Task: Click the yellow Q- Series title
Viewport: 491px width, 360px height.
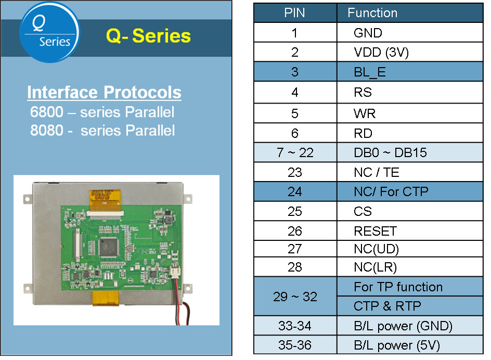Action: click(148, 36)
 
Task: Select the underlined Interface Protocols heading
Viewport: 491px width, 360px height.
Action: click(104, 93)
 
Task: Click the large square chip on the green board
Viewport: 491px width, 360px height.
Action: click(111, 247)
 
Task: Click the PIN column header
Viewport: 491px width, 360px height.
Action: click(294, 13)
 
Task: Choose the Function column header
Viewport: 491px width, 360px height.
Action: click(372, 13)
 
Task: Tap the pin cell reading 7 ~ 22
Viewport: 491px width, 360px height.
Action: click(294, 152)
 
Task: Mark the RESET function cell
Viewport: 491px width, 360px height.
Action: click(375, 231)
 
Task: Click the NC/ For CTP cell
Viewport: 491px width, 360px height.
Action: click(391, 191)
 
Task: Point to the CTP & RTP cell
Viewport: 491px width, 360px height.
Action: click(387, 306)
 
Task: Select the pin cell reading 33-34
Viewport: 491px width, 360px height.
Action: click(294, 326)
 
